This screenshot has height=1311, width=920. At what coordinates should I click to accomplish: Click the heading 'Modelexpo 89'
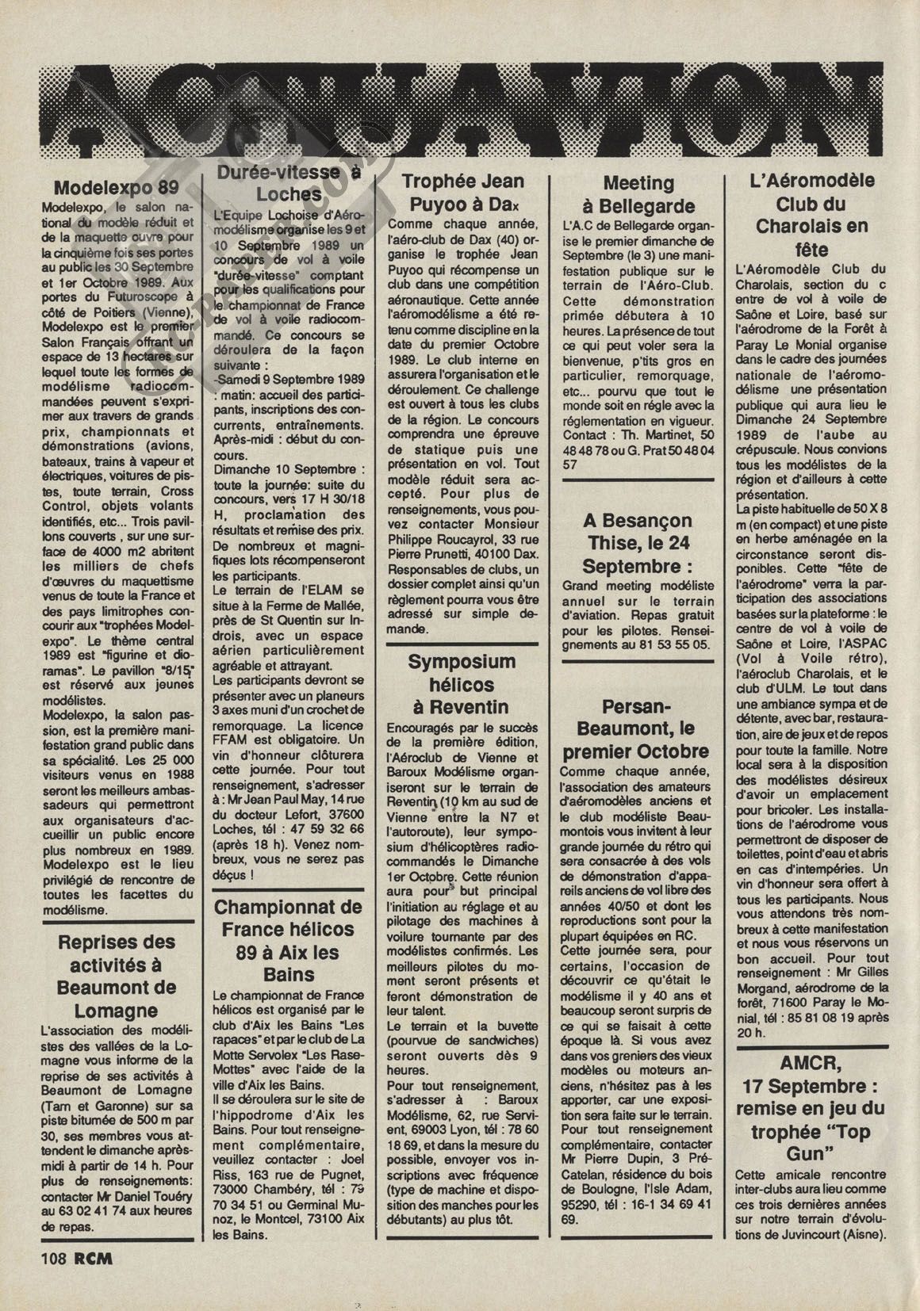pos(116,189)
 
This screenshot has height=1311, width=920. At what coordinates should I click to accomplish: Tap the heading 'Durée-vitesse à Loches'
pos(288,183)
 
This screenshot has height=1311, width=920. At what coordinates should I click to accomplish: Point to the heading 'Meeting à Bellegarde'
pos(638,194)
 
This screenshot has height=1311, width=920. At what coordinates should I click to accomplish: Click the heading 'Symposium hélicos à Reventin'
pos(462,683)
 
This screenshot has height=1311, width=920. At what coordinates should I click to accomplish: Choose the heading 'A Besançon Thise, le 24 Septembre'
pos(638,543)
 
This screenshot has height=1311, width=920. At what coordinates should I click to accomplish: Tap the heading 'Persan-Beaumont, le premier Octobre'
pos(637,728)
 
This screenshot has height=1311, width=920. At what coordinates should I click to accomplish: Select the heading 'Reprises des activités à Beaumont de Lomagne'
pos(116,976)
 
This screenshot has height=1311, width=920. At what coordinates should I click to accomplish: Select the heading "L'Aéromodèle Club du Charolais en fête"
pos(811,214)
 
